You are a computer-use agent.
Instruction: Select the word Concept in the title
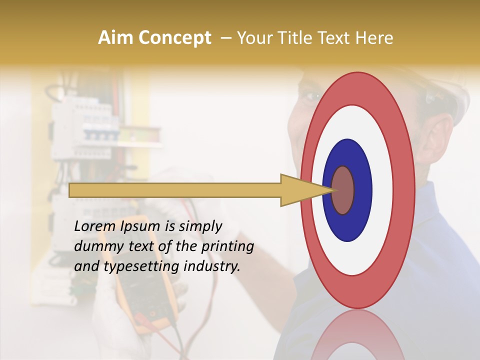coord(174,38)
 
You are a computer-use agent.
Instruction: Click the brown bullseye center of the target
coord(343,190)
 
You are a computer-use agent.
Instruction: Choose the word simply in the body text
coord(200,226)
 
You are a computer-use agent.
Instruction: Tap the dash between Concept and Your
coord(225,38)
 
